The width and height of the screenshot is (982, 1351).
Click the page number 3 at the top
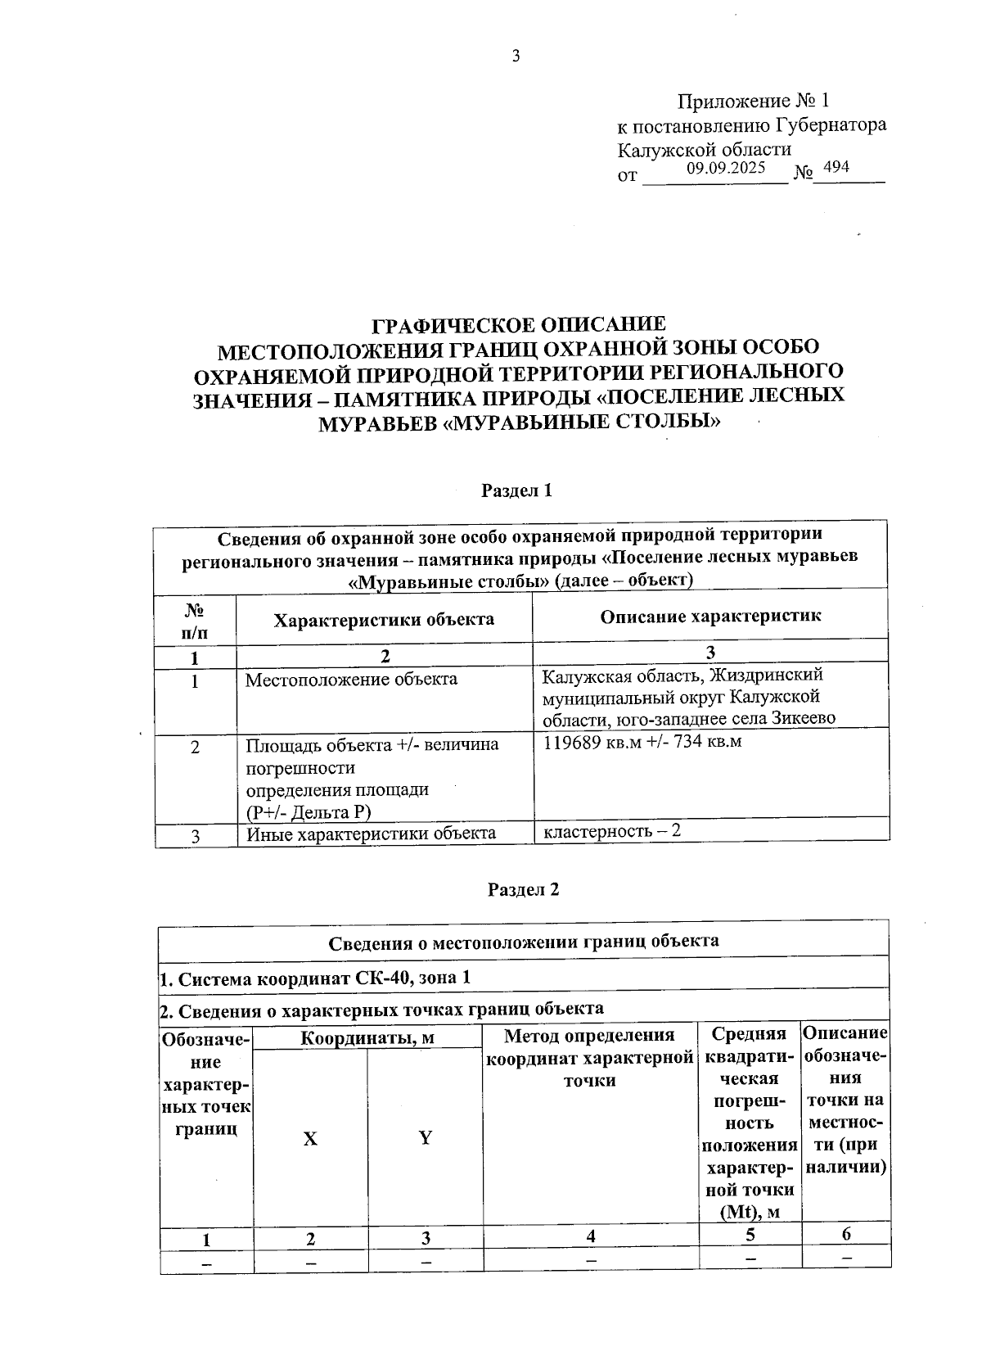click(516, 56)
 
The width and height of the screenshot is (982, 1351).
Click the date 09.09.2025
click(726, 169)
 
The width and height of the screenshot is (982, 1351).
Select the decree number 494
click(836, 168)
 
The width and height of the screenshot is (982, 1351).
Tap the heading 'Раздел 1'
click(517, 490)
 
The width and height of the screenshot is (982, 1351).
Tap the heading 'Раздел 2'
click(523, 890)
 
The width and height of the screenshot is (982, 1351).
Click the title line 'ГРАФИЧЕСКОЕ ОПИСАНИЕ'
click(519, 325)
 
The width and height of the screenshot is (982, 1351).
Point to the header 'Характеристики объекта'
click(384, 619)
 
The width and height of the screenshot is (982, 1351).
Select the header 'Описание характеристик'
click(710, 617)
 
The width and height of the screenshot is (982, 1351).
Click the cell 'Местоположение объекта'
click(352, 680)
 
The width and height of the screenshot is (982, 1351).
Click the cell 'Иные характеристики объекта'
click(371, 834)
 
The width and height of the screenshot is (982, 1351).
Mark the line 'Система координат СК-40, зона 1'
click(315, 978)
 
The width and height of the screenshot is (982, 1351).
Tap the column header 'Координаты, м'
click(367, 1039)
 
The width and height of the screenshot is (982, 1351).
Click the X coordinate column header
click(311, 1139)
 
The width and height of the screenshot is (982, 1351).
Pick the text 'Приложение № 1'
click(753, 102)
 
